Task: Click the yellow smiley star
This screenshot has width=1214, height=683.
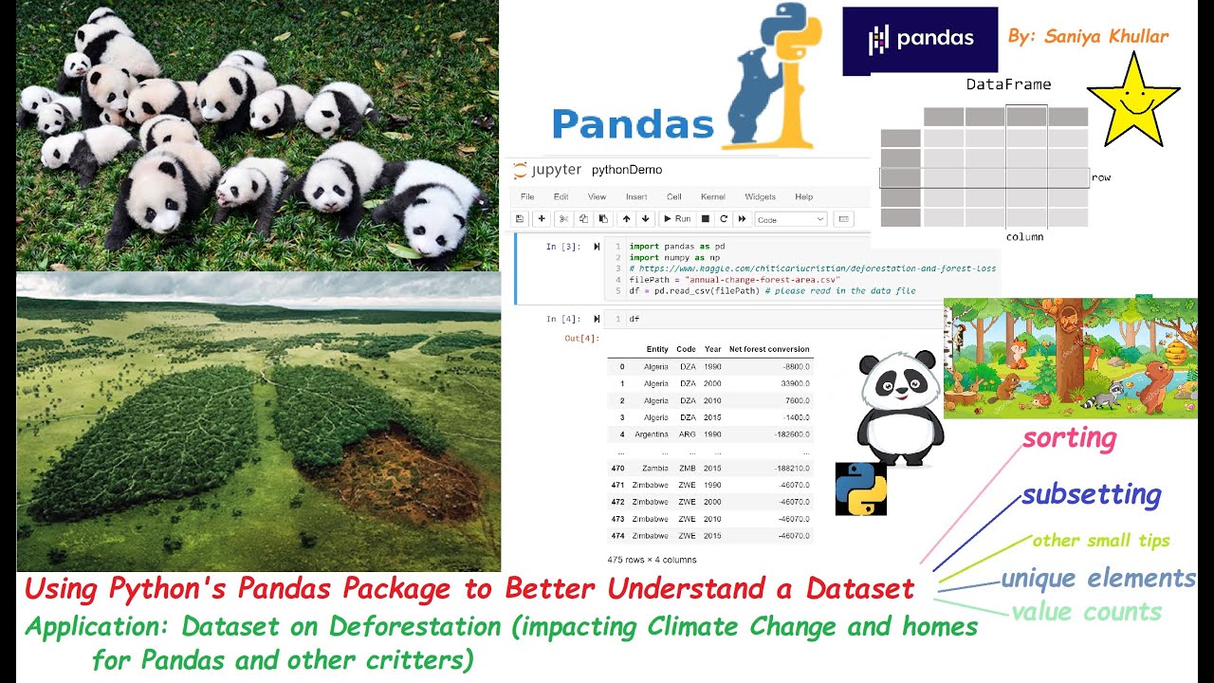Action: click(x=1133, y=100)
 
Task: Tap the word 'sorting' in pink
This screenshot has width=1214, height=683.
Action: click(x=1069, y=438)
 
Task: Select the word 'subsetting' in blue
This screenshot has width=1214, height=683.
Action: click(x=1091, y=494)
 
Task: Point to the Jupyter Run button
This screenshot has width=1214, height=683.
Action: click(x=676, y=219)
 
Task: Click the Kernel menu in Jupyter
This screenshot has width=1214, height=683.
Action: click(x=712, y=197)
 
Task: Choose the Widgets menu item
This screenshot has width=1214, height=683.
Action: click(x=760, y=197)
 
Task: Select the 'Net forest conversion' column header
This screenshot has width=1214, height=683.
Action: click(x=769, y=349)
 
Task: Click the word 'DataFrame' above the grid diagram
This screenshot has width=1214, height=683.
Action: click(x=1008, y=84)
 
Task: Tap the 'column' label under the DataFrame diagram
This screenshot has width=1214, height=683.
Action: click(x=1024, y=237)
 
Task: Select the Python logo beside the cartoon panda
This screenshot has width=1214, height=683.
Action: click(x=860, y=489)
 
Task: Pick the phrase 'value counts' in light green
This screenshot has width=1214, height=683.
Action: click(x=1086, y=612)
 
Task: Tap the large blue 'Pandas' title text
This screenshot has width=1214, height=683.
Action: click(x=633, y=125)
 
